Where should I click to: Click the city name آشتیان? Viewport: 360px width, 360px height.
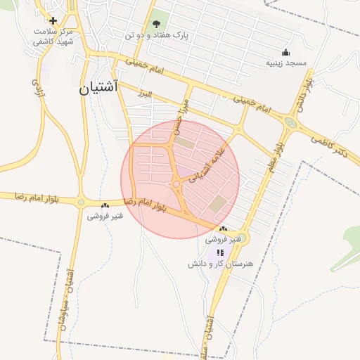point(104,88)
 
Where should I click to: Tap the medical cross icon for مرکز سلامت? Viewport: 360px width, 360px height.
point(53,20)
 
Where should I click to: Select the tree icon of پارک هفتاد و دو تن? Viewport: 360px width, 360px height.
point(156,23)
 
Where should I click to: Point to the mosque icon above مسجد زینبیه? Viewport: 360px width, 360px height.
point(285,51)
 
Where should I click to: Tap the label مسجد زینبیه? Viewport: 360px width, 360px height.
point(285,63)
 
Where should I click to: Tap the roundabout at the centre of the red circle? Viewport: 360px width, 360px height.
point(176,184)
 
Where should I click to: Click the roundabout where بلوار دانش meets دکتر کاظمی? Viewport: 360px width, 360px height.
point(290,122)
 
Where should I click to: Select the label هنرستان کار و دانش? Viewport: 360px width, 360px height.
point(220,264)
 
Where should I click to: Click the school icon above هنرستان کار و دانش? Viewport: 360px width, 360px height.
point(220,252)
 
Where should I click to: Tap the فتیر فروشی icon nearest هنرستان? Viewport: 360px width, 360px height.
point(223,229)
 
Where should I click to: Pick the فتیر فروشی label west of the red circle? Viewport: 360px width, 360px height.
point(105,216)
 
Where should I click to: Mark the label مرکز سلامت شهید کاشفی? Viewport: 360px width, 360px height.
point(52,37)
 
